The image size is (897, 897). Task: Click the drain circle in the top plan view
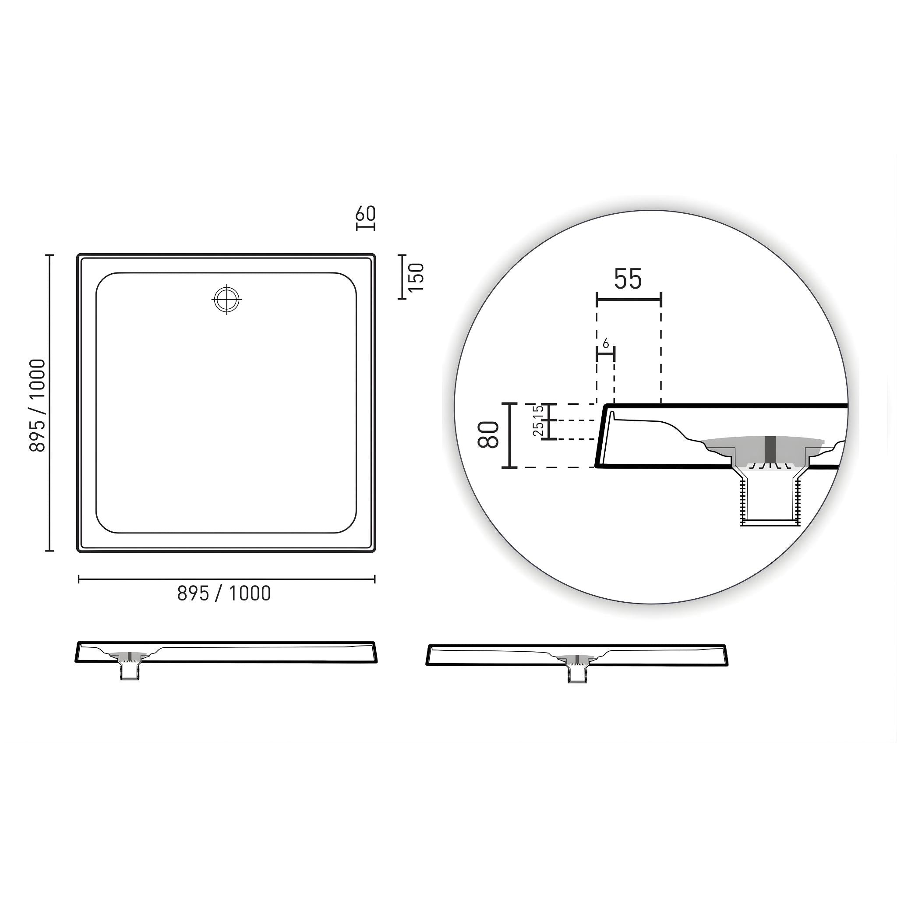click(x=226, y=300)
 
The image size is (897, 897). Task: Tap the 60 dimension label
click(x=365, y=214)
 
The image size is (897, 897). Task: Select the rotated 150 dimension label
click(x=417, y=277)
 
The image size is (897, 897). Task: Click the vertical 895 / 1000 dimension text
click(x=38, y=405)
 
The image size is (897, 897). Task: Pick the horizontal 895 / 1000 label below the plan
click(x=224, y=593)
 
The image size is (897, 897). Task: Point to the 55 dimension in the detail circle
click(x=628, y=279)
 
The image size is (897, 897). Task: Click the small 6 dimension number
click(x=605, y=344)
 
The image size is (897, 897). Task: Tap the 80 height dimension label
click(x=488, y=434)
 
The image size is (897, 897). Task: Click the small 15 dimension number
click(x=539, y=411)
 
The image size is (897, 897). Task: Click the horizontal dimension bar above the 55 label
click(x=629, y=300)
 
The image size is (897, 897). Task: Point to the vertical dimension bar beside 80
click(x=509, y=435)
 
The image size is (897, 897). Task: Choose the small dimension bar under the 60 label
click(x=365, y=227)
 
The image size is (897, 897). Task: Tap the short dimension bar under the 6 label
click(x=605, y=354)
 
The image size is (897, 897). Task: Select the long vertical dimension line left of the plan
click(x=49, y=403)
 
